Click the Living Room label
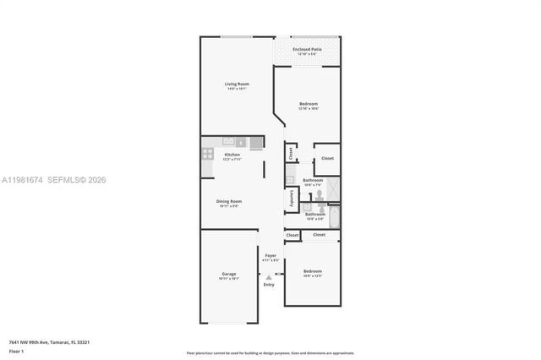click(x=236, y=84)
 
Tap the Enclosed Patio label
click(x=307, y=50)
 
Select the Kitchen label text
click(x=232, y=155)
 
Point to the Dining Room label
click(x=230, y=201)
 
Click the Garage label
click(x=228, y=274)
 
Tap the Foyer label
click(x=270, y=255)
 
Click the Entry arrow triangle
click(x=269, y=276)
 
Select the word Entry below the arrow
click(x=269, y=285)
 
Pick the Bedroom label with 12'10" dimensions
click(x=308, y=104)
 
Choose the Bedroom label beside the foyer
click(x=313, y=272)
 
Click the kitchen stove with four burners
click(x=207, y=155)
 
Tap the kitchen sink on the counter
click(x=239, y=141)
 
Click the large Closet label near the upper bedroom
click(x=327, y=158)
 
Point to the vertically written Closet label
click(x=290, y=153)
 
